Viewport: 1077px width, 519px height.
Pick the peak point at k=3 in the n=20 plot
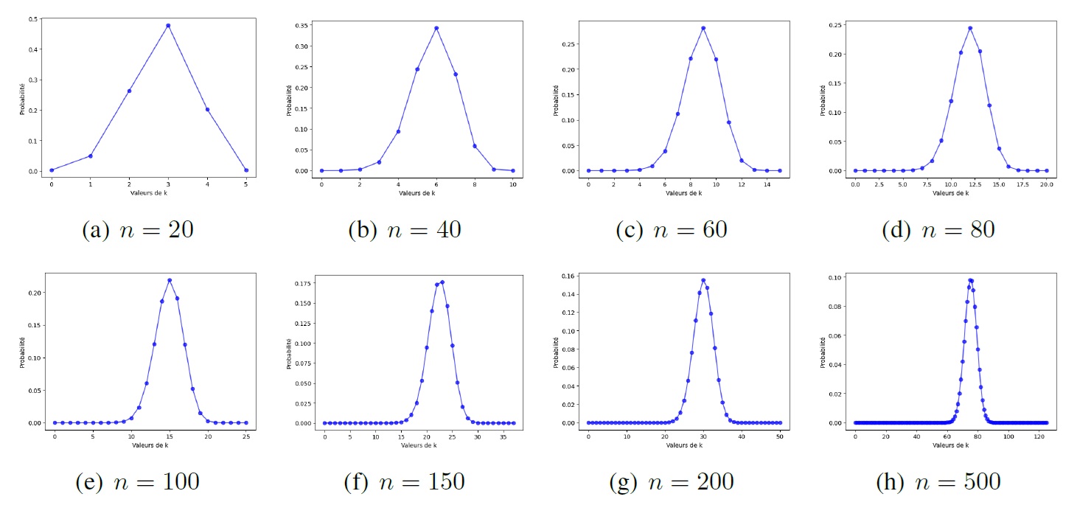(168, 26)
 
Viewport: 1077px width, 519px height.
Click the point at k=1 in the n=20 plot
(90, 156)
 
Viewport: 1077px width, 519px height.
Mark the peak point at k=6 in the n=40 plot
(436, 28)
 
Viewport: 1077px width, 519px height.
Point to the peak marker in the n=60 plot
(703, 28)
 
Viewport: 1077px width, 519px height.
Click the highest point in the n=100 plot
(170, 280)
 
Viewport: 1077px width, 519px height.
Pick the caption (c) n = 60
(671, 230)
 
